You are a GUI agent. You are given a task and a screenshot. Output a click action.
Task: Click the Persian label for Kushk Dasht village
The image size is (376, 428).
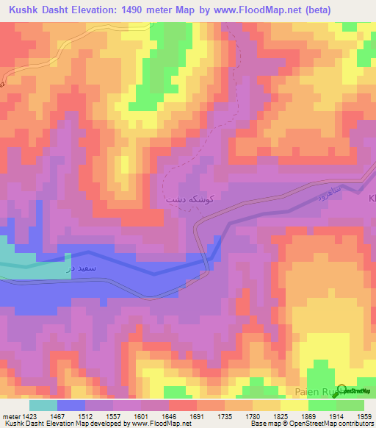180,199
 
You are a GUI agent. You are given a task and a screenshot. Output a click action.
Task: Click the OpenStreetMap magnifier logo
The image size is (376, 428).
341,390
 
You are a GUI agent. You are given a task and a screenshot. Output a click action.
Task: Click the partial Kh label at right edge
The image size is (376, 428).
371,199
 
